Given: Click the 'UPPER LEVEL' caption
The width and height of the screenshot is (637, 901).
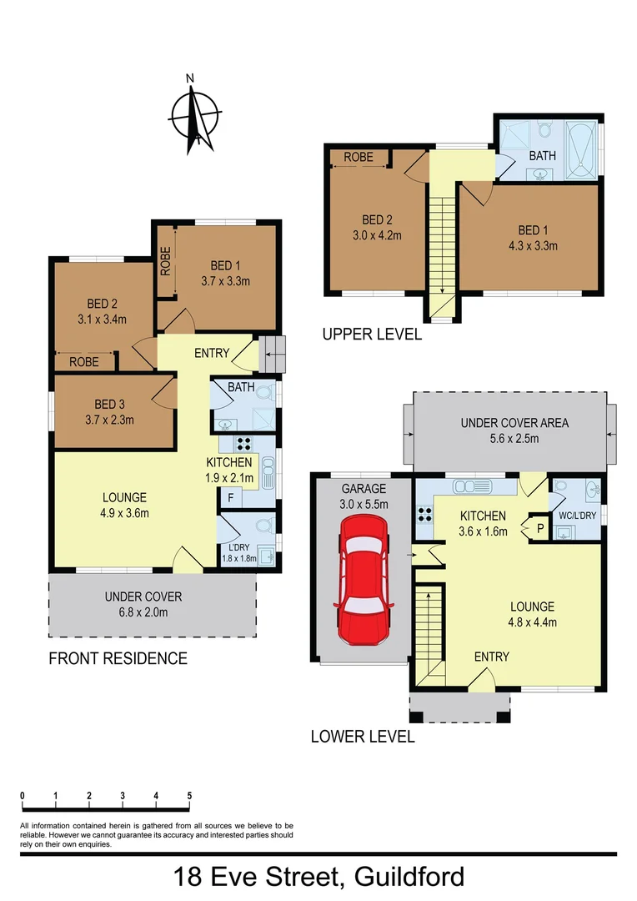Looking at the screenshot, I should click(372, 335).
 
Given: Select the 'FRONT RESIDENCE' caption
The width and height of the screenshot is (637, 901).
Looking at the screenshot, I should click(118, 658).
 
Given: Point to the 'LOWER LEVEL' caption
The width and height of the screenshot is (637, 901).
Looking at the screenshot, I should click(362, 737).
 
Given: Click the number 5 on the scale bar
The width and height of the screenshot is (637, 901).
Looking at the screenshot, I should click(190, 796).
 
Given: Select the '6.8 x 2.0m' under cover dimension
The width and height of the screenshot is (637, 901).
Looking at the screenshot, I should click(143, 612).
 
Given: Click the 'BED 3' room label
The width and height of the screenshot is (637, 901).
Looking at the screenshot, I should click(108, 404).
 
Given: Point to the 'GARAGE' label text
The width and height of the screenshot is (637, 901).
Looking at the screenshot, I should click(364, 489).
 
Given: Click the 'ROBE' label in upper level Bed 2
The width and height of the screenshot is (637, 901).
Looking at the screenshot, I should click(358, 157).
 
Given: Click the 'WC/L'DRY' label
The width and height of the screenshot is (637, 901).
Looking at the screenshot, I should click(577, 516).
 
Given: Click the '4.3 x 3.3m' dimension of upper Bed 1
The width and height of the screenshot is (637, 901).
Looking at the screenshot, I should click(526, 245).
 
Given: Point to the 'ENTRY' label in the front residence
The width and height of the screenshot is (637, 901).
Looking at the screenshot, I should click(211, 353).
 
